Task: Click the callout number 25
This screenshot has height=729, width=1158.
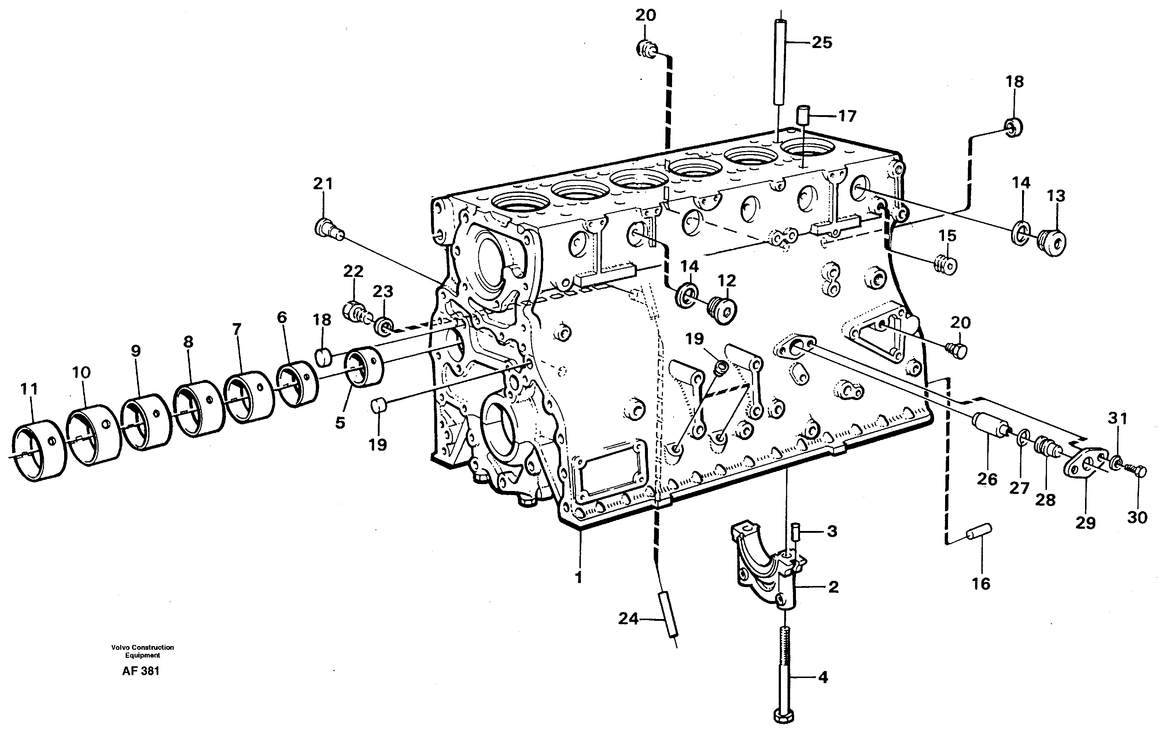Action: [x=822, y=43]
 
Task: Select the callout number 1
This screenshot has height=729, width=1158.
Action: [x=579, y=578]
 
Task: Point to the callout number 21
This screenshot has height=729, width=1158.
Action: [x=323, y=184]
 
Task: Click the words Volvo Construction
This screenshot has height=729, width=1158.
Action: [x=142, y=647]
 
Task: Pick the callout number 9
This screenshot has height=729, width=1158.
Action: [x=136, y=351]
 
